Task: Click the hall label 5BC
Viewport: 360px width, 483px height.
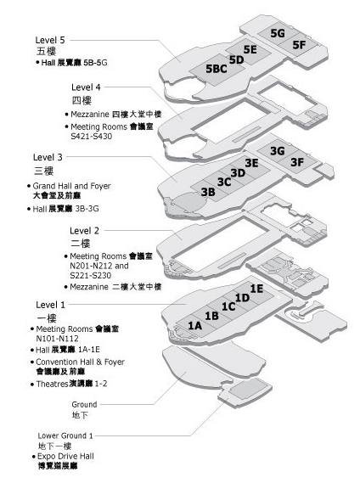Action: click(x=217, y=69)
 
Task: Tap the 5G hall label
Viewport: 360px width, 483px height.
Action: click(x=278, y=33)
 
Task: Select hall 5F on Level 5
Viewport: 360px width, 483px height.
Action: click(x=299, y=45)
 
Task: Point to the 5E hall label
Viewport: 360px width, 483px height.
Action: click(x=250, y=49)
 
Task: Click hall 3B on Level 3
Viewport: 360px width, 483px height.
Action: click(x=208, y=192)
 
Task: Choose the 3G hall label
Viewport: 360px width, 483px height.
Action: click(x=277, y=151)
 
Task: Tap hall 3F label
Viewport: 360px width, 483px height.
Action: click(x=297, y=162)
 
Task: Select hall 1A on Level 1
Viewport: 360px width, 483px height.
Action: click(x=194, y=325)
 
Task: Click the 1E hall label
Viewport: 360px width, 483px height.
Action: click(x=256, y=289)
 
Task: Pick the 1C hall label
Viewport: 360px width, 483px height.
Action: click(x=228, y=306)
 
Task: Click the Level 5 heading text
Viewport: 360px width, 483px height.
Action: click(x=50, y=40)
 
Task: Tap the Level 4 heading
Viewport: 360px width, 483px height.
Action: click(x=86, y=87)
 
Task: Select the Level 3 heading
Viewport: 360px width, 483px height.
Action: click(x=48, y=157)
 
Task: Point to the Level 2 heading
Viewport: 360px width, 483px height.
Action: click(x=84, y=231)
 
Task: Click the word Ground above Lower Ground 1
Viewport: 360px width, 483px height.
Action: click(x=84, y=404)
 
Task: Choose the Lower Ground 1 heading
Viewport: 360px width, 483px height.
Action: click(x=65, y=435)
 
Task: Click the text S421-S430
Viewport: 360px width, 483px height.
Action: click(x=92, y=136)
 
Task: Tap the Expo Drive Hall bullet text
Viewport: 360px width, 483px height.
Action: click(x=65, y=456)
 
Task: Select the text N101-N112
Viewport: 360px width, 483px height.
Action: click(x=58, y=339)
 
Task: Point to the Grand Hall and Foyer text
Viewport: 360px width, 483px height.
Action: click(x=72, y=186)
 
